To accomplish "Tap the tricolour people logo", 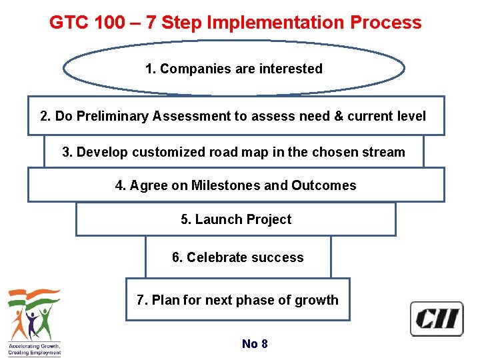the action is point(34,313).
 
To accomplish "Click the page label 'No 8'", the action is point(255,344).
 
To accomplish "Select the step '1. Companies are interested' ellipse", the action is point(234,69).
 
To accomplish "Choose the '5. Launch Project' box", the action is point(236,219).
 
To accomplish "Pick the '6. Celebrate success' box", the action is point(238,257).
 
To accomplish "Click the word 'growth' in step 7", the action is point(318,300).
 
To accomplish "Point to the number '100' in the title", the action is point(107,23).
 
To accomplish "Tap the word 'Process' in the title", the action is point(387,23).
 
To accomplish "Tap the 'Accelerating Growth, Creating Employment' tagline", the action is point(34,349).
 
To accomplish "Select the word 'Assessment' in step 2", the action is point(191,116).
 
